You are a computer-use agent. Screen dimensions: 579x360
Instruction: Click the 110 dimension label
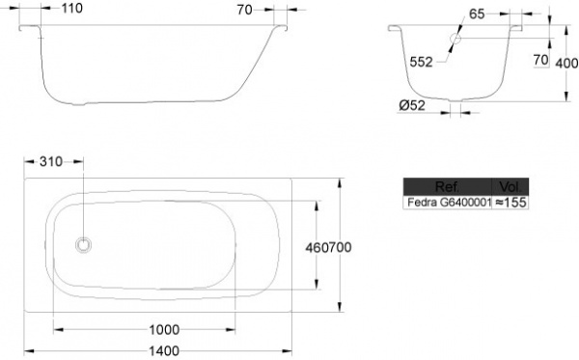[72, 8]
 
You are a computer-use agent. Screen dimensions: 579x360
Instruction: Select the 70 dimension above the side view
[244, 10]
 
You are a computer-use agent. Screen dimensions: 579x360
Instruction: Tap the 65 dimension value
[477, 14]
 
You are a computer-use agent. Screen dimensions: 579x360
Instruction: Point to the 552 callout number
[421, 62]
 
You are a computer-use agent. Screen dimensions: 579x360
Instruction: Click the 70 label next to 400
[540, 60]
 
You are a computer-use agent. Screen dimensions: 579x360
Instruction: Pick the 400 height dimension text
[566, 63]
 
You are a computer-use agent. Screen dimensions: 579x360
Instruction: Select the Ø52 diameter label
[412, 105]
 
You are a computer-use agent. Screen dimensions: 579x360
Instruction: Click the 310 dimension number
[51, 162]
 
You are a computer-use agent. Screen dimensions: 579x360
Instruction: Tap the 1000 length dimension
[164, 329]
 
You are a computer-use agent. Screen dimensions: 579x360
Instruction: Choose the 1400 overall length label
[164, 350]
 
